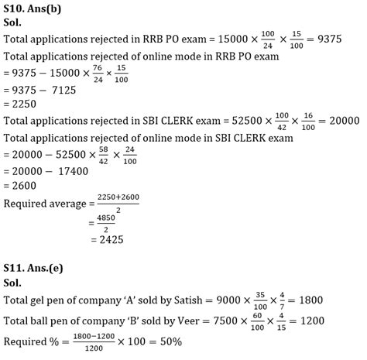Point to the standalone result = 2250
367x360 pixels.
coord(22,105)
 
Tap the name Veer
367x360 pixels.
coord(169,320)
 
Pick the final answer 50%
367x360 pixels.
coord(193,341)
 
